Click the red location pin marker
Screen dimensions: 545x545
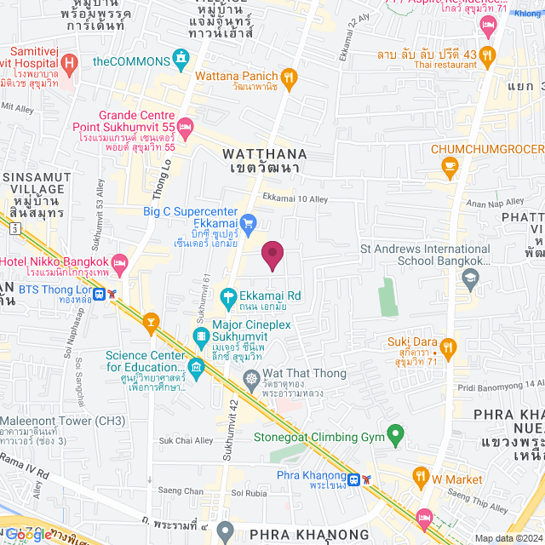click(272, 255)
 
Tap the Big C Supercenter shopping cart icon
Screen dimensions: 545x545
click(249, 225)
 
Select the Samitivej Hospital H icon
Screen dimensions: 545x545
click(70, 62)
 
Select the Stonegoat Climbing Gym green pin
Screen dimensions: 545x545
click(395, 435)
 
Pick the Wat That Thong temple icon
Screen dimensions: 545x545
click(251, 376)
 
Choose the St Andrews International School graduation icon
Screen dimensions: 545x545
click(469, 277)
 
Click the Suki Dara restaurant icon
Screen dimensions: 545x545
click(450, 347)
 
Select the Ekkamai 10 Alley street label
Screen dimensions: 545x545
click(295, 198)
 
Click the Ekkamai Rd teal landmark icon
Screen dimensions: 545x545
click(228, 297)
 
